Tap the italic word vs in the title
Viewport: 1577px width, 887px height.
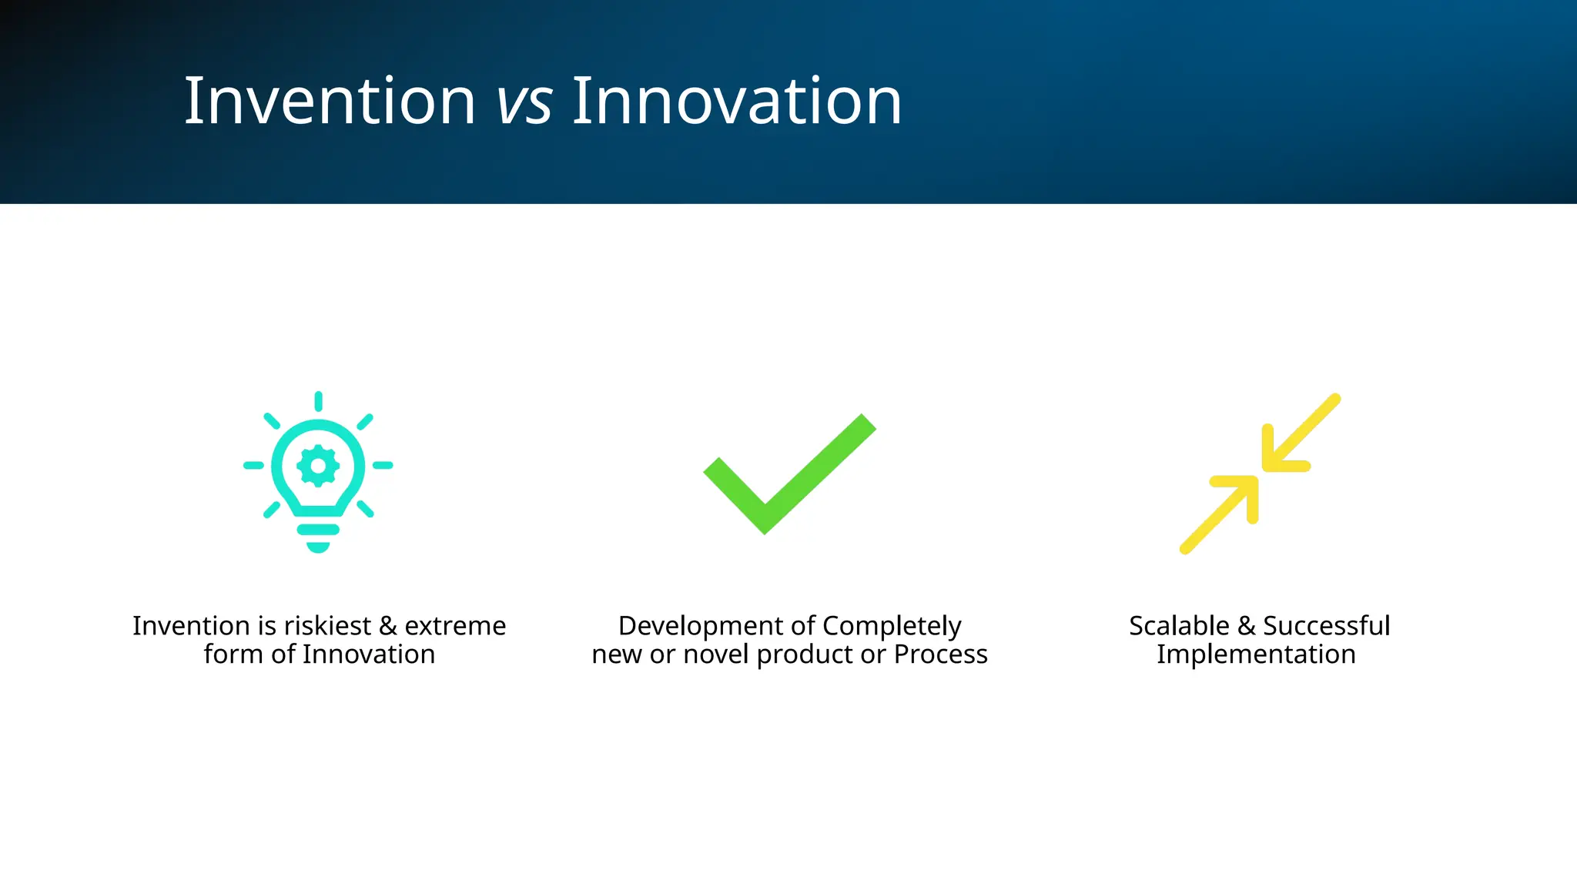pos(524,102)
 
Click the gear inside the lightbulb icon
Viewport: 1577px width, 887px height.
pos(318,465)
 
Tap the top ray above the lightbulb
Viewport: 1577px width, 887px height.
pos(318,401)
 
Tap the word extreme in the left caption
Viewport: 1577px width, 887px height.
pos(455,626)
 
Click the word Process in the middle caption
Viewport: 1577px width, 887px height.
pos(940,654)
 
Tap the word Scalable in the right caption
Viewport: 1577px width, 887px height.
pos(1179,626)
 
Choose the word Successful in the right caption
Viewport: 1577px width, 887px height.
pos(1326,626)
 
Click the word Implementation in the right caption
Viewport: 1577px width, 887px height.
pos(1256,655)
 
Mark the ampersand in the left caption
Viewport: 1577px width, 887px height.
pos(388,626)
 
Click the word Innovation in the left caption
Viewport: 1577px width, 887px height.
pos(368,654)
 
